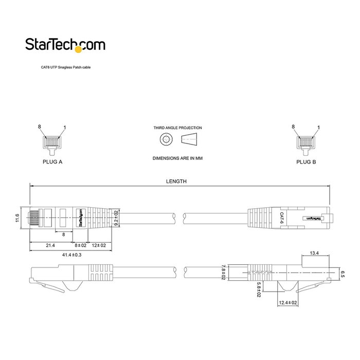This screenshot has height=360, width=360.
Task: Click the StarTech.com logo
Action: tap(65, 45)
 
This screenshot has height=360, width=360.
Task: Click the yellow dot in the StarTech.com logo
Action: tap(79, 49)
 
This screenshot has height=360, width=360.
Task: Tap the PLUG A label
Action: tap(52, 161)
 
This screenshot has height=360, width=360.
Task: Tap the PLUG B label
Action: tap(307, 161)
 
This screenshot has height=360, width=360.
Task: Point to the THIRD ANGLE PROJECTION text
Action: tap(177, 128)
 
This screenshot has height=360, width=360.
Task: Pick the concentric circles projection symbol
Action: tap(166, 139)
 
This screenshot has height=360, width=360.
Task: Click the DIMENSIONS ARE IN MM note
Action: tap(177, 158)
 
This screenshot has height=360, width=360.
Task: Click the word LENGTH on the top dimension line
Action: tap(176, 181)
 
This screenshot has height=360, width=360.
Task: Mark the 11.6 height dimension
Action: tap(17, 218)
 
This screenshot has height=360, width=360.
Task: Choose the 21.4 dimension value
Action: tap(50, 245)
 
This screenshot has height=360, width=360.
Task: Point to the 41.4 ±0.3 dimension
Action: tap(72, 255)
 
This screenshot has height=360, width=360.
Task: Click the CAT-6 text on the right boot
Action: tap(281, 218)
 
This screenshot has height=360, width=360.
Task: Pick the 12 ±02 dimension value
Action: tap(99, 245)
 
